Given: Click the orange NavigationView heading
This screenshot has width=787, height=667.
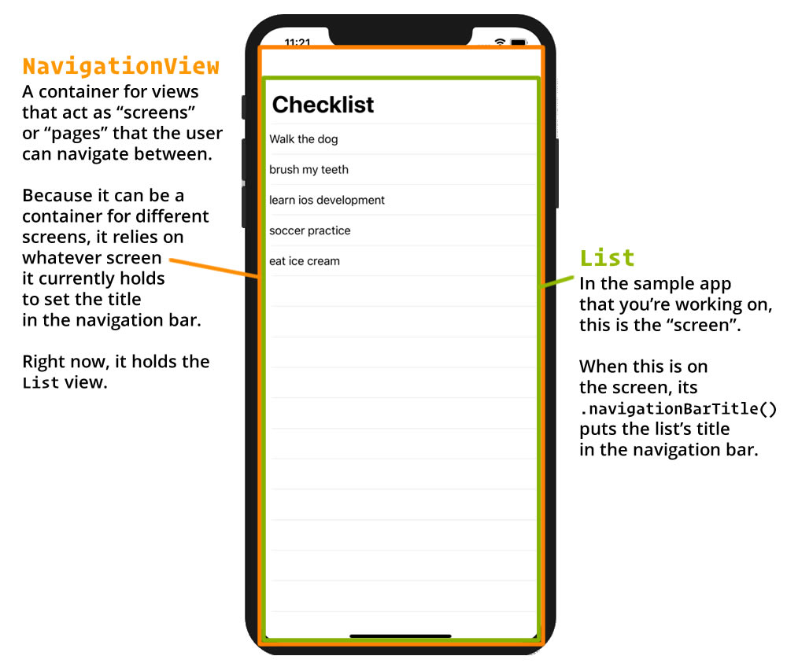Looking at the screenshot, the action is (x=121, y=66).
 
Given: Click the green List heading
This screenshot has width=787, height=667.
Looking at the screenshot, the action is (x=608, y=258).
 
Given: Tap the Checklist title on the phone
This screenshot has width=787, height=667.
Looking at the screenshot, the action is (x=323, y=105).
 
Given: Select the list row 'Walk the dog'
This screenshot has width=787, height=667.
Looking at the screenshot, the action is (x=304, y=139).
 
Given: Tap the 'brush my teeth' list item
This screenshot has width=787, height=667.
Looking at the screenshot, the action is (x=309, y=170).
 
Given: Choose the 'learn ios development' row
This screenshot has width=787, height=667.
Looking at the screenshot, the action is (x=327, y=200).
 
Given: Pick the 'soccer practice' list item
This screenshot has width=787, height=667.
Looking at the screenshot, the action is (x=309, y=230).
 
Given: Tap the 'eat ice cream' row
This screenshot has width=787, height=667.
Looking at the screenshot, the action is (x=304, y=261).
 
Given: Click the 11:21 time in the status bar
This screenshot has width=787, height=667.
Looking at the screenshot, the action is (x=297, y=42).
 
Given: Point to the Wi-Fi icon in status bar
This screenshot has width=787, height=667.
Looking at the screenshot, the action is (x=500, y=42).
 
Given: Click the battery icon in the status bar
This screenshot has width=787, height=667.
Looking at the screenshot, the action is (x=518, y=42).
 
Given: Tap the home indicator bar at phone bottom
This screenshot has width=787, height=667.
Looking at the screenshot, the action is (x=401, y=636).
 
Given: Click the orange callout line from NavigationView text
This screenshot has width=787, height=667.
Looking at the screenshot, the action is (x=214, y=267).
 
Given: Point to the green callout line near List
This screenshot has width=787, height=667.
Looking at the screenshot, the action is (x=556, y=282).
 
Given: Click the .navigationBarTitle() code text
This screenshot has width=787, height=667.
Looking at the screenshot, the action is (x=678, y=409).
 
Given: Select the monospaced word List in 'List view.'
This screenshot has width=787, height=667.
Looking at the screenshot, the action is (x=41, y=382).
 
